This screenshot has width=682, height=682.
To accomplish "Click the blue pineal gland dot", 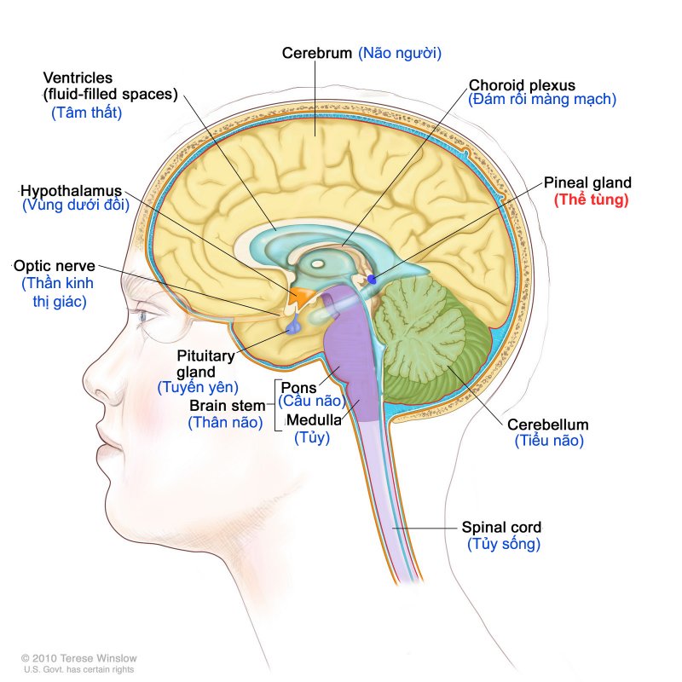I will coord(372,280).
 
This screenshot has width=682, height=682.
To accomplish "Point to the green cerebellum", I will coord(435,341).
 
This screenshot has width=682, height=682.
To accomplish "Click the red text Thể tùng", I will coord(591,200).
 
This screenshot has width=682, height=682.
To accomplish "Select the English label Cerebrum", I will coord(317,53).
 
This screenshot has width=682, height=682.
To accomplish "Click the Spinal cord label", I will coord(501,527).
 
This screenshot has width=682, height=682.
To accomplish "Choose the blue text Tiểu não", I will coord(549,441).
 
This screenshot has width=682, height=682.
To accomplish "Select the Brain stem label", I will coord(227,406).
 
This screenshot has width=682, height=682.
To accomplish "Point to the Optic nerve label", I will coord(54,265).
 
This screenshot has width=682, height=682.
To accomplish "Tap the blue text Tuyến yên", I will coord(196,388).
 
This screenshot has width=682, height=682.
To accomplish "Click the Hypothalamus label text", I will coord(72,189).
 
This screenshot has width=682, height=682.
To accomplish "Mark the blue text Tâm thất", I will coord(86,112).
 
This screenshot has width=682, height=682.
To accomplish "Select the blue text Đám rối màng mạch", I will coord(542,99).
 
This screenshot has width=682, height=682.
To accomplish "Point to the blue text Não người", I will coord(399,53).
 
